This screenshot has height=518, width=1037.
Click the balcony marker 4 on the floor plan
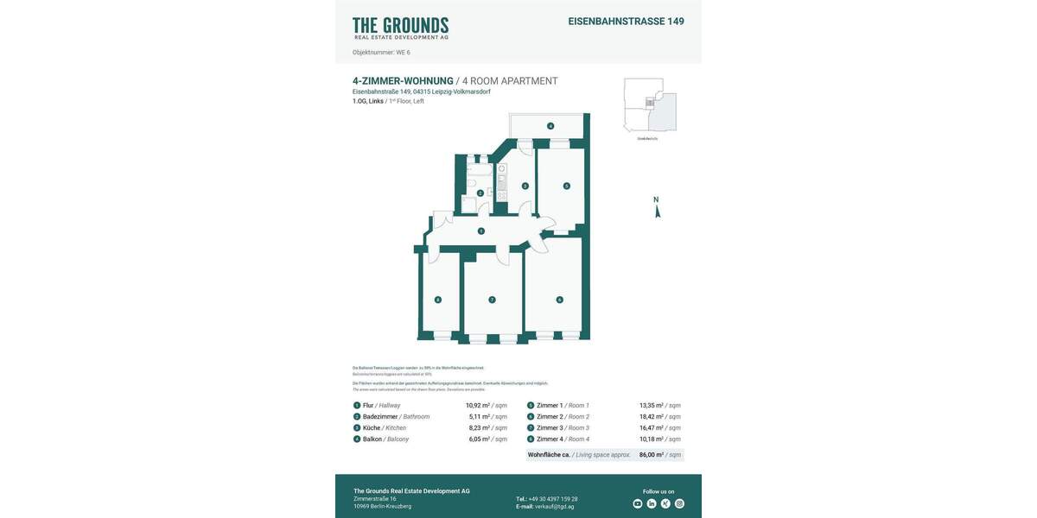550,126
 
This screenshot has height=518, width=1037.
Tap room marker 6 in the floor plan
559,300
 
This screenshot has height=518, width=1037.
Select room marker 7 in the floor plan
492,300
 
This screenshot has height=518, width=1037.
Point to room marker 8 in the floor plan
438,300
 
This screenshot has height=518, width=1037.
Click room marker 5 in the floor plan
567,186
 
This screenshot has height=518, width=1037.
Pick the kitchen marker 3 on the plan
525,186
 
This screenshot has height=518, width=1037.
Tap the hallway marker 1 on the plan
481,231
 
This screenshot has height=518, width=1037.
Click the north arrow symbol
657,208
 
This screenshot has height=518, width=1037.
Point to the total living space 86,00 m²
651,454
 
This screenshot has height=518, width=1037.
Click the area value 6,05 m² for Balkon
478,439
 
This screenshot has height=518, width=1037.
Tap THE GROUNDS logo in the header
400,28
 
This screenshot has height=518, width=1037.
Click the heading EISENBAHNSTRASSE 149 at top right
626,22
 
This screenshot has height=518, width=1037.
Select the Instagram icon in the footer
679,503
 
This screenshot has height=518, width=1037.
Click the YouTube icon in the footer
638,503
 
